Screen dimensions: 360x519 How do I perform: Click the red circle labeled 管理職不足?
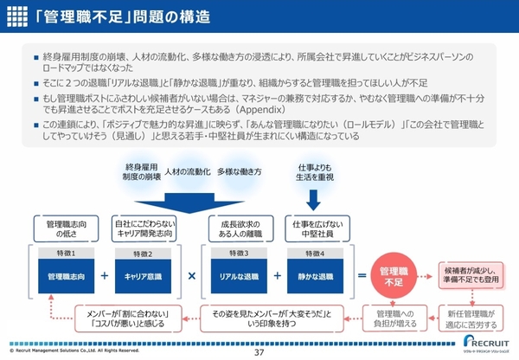[x=395, y=276]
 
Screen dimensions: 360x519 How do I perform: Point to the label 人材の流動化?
[x=185, y=171]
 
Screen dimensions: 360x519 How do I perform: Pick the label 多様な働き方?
[x=233, y=171]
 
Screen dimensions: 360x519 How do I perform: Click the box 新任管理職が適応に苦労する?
[x=471, y=318]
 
